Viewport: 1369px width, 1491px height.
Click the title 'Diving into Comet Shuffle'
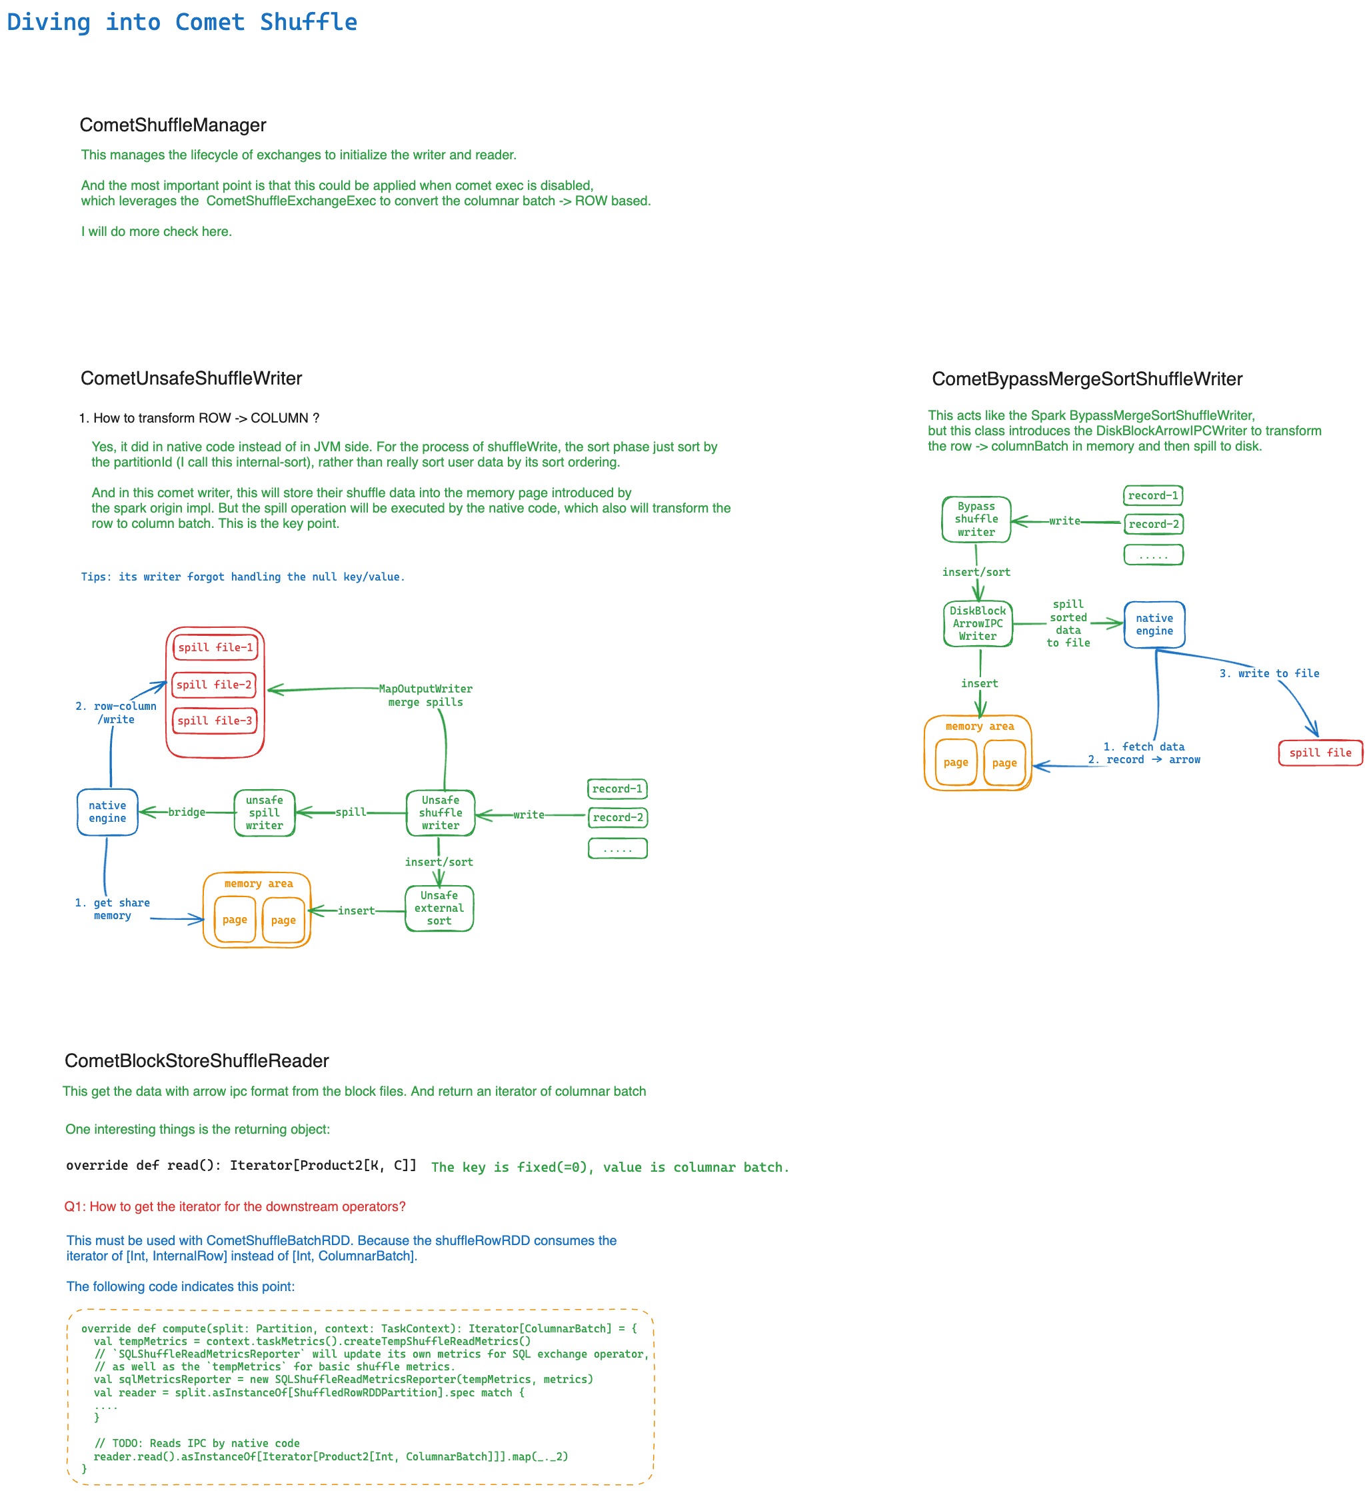[x=181, y=22]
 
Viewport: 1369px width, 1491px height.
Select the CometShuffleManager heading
[x=173, y=125]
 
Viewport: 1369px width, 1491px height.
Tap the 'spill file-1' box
[x=215, y=647]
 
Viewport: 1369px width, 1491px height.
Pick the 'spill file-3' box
[x=214, y=721]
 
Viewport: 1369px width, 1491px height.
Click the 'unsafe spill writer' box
[x=265, y=812]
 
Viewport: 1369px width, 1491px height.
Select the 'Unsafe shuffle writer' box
[x=441, y=812]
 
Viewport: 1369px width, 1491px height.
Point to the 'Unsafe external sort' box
[x=439, y=908]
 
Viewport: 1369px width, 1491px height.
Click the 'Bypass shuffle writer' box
[x=976, y=519]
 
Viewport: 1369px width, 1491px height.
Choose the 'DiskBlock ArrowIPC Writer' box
[x=978, y=624]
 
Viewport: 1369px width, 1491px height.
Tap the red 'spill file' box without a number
[x=1320, y=752]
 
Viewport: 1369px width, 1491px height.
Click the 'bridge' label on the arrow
[x=187, y=812]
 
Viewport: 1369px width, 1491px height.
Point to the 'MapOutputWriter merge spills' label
[x=425, y=695]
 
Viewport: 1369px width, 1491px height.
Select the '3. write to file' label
[x=1269, y=673]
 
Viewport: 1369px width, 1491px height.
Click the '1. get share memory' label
[x=112, y=909]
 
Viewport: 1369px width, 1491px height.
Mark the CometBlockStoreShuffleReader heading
[x=197, y=1060]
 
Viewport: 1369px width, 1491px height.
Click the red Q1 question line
[x=235, y=1206]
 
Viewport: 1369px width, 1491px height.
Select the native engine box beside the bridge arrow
[x=107, y=812]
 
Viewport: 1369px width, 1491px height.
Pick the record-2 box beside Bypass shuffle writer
[x=1154, y=525]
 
